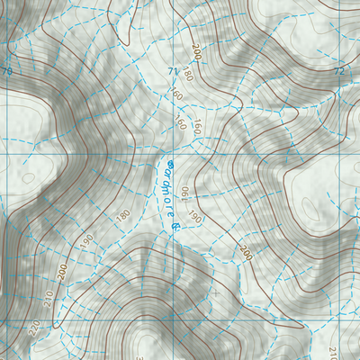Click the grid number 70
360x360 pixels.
click(x=7, y=71)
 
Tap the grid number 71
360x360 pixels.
click(x=172, y=71)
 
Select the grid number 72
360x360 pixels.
click(x=338, y=71)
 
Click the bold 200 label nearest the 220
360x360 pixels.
click(x=62, y=269)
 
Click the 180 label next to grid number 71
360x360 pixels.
click(x=188, y=74)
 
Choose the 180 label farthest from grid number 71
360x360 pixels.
click(x=122, y=216)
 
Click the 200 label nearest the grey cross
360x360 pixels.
click(x=246, y=254)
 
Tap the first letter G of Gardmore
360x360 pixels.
click(x=169, y=166)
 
